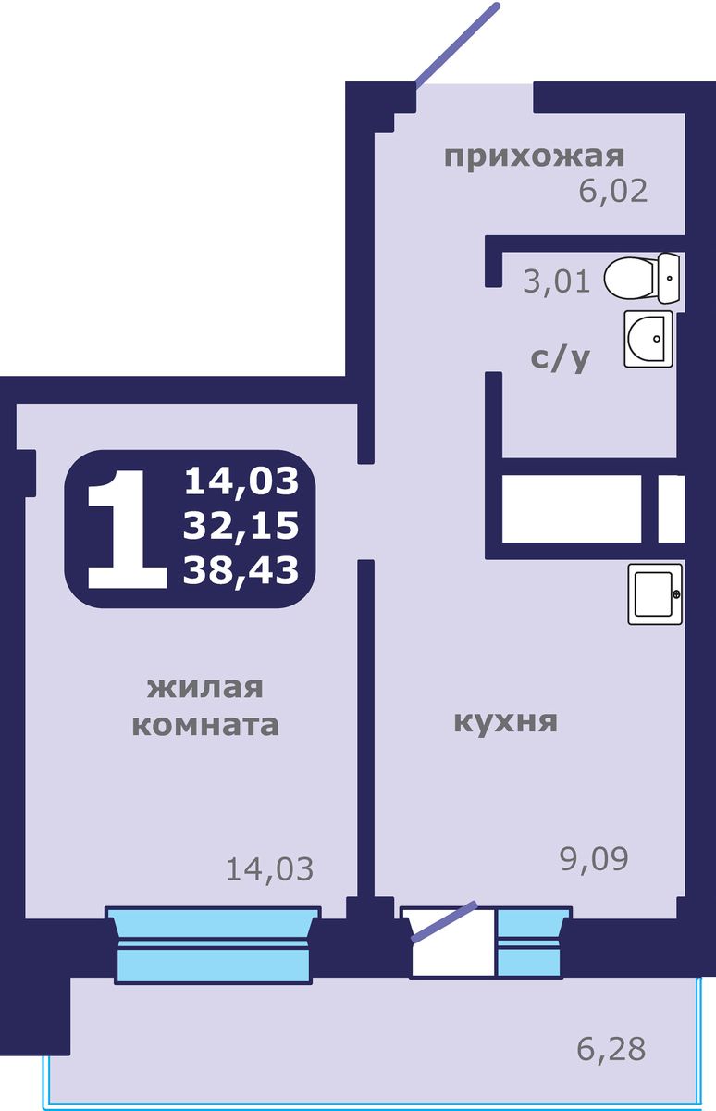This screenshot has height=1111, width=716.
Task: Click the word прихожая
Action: [535, 156]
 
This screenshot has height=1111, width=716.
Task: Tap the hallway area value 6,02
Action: [612, 191]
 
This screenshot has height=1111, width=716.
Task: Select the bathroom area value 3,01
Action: [556, 280]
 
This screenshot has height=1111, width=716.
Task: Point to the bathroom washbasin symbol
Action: [649, 339]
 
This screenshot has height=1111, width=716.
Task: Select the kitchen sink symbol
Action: [656, 593]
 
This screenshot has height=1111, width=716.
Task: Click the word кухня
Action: [505, 721]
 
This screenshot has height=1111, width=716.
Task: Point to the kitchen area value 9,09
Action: [594, 859]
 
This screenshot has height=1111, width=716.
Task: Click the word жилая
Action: [205, 688]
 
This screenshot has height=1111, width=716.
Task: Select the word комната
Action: [205, 724]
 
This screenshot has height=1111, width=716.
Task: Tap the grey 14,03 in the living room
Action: [270, 868]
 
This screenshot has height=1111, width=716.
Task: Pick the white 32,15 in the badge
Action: [241, 526]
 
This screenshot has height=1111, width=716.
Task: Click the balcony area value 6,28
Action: [611, 1049]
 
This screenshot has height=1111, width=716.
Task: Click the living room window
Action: [213, 942]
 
